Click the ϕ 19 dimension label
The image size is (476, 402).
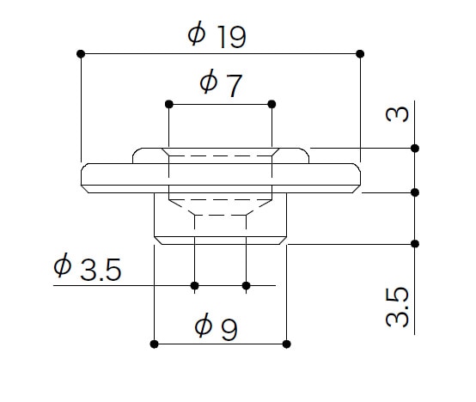coord(217,35)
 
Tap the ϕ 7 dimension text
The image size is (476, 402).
coord(221,82)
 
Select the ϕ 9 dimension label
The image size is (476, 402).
coord(216,326)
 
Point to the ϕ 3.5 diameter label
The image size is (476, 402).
coord(88,266)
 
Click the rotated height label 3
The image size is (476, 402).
coord(397,114)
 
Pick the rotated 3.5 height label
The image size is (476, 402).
coord(397,308)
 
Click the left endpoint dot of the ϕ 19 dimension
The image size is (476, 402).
coord(81,54)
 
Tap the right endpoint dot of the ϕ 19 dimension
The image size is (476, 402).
coord(360,54)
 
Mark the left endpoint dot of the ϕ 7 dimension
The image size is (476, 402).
coord(169,105)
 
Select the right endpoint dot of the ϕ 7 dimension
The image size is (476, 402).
coord(272,105)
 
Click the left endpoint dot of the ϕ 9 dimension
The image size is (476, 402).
coord(154,344)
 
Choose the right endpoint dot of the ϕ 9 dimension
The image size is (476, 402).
coord(287,344)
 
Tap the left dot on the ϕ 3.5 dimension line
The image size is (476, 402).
coord(194,285)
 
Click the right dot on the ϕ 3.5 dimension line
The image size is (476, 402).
coord(247,285)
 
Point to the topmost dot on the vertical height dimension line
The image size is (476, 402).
coord(415,149)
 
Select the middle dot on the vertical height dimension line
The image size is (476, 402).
coord(415,192)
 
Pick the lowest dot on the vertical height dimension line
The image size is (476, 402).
coord(415,244)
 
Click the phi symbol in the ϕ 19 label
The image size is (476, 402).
coord(197,33)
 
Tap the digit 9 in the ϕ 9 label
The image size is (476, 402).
coord(229,330)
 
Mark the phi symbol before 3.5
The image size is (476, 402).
coord(62,265)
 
